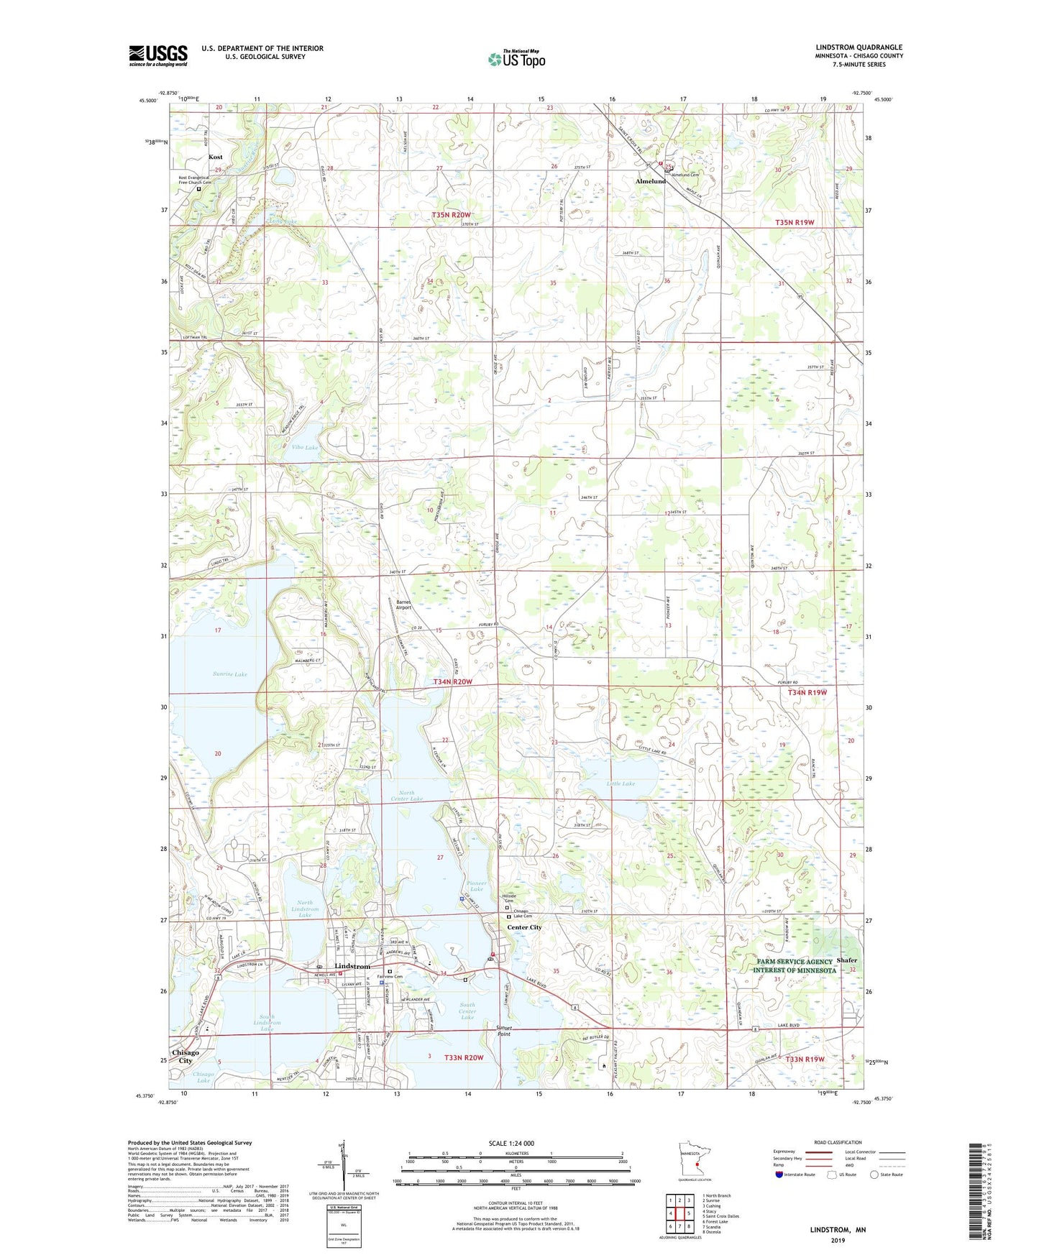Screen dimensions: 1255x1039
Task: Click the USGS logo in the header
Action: point(157,55)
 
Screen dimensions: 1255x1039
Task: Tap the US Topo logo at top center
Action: point(516,58)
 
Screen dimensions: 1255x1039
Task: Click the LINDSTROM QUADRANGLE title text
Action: point(859,47)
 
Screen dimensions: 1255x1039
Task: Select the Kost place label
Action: point(215,157)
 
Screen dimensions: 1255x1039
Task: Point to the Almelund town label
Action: point(650,181)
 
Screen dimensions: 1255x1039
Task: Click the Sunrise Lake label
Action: point(230,674)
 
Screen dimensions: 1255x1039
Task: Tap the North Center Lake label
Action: point(406,796)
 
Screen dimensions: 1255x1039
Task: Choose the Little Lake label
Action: point(620,783)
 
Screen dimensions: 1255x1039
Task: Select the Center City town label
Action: point(525,927)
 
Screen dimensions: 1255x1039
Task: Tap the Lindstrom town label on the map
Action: point(352,967)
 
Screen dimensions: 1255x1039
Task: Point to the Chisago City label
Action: point(185,1057)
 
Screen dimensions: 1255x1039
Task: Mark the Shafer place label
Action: point(847,960)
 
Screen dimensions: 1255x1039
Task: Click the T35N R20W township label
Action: point(451,215)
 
